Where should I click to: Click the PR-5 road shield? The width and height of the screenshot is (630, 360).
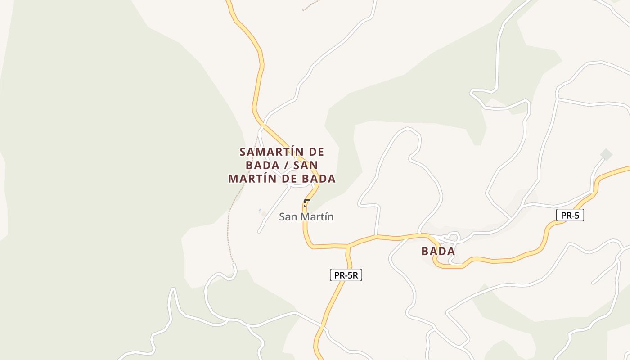(x=570, y=216)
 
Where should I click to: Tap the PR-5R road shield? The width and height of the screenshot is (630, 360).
(x=346, y=275)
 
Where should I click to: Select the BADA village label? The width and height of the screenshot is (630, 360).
(x=438, y=251)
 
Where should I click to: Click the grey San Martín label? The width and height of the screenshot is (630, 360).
(x=306, y=217)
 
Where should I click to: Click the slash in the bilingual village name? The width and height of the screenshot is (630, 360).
(x=287, y=165)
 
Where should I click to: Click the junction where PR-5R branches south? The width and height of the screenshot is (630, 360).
(x=347, y=246)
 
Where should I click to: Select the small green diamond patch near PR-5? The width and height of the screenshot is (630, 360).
(x=606, y=154)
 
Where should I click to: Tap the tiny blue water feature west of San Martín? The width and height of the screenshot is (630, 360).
(x=260, y=210)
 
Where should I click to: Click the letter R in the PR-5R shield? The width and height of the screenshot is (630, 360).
(x=355, y=275)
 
